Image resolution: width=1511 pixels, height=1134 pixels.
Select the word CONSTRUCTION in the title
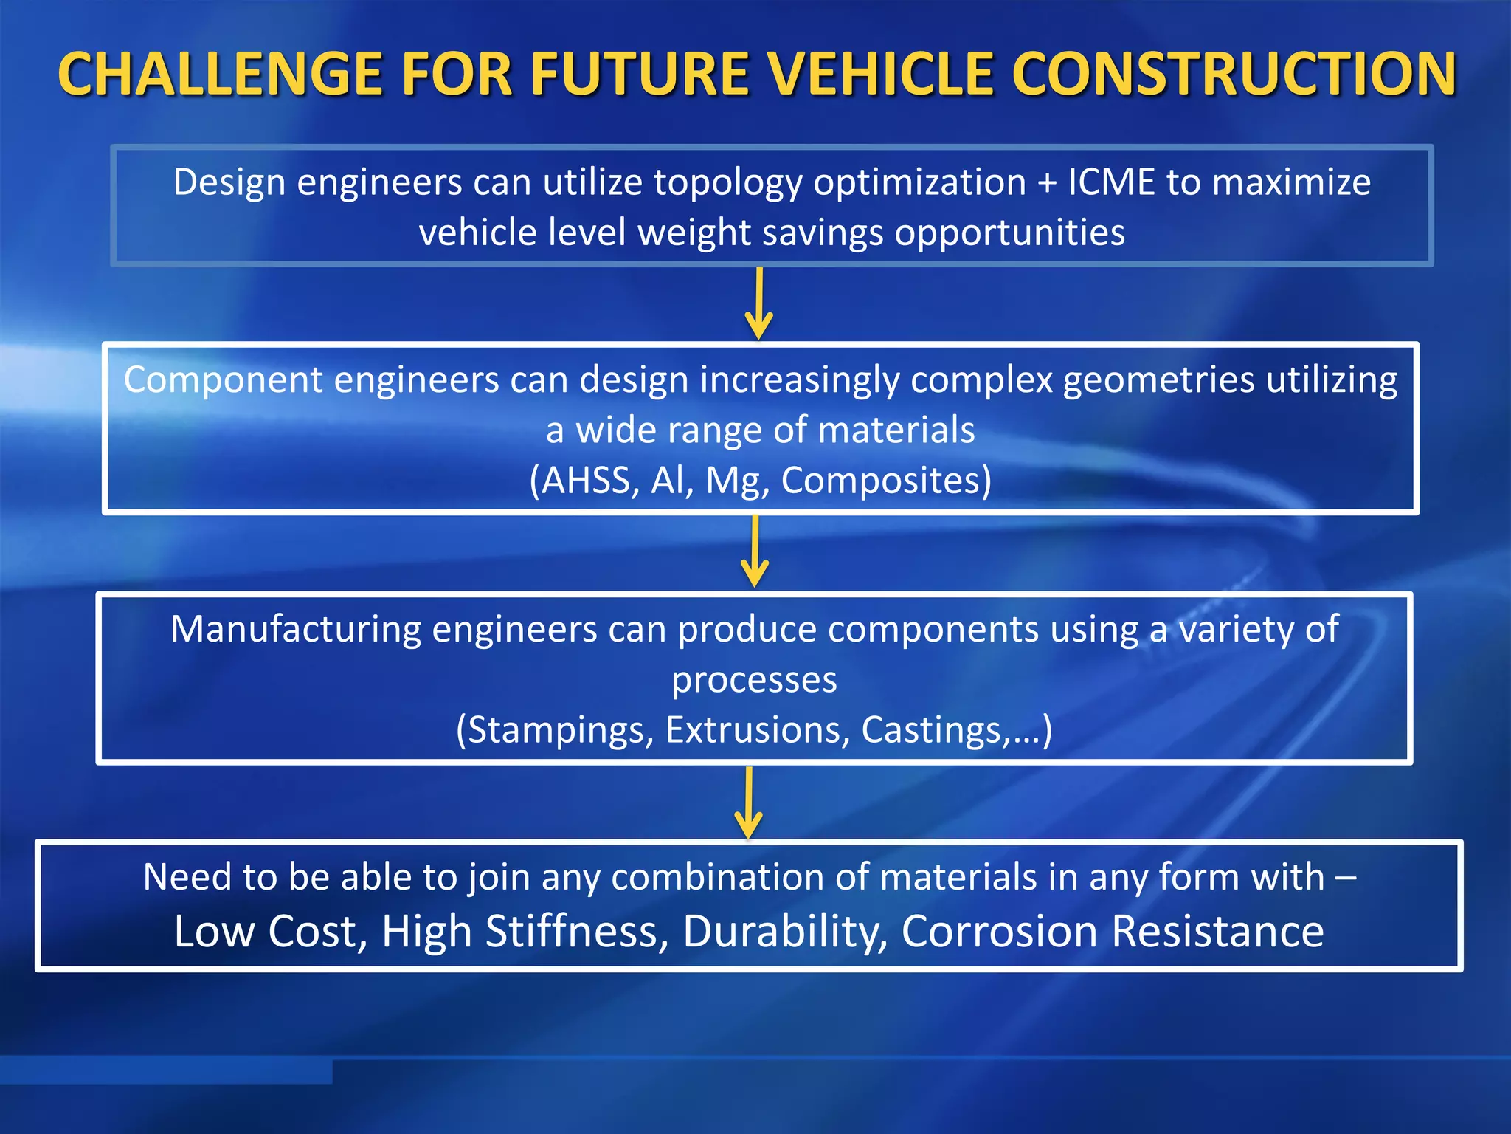(1234, 75)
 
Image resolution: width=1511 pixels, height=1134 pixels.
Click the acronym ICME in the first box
(1111, 182)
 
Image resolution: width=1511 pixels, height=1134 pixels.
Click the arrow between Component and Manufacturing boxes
(755, 552)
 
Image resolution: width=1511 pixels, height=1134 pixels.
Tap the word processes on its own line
(754, 681)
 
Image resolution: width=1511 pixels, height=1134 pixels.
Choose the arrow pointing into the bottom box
(749, 803)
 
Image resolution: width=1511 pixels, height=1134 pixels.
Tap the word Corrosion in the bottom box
(1000, 932)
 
